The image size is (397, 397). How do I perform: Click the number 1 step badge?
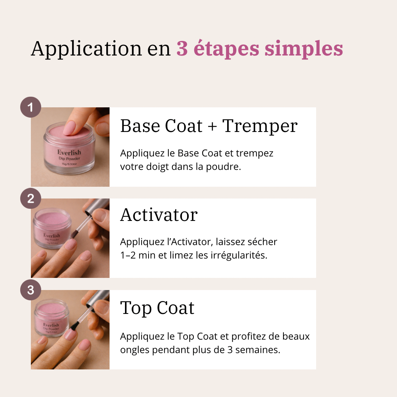[x=31, y=107]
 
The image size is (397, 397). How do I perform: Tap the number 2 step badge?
[x=31, y=198]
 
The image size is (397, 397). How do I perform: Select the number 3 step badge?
[x=31, y=290]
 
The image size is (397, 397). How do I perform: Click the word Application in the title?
[x=86, y=49]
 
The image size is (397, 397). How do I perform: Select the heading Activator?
[x=159, y=215]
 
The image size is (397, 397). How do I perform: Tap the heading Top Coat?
[x=157, y=308]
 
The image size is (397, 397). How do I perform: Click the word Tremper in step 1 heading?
[x=260, y=126]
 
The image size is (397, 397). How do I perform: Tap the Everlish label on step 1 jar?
[x=69, y=152]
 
